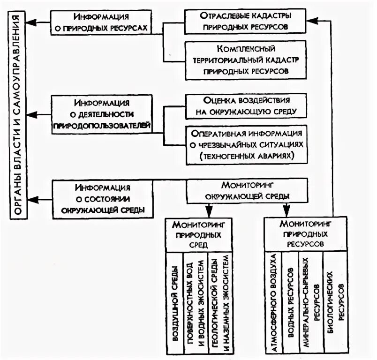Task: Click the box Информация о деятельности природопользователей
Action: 103,114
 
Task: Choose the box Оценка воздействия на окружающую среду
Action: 246,106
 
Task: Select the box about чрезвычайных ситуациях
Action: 246,144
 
